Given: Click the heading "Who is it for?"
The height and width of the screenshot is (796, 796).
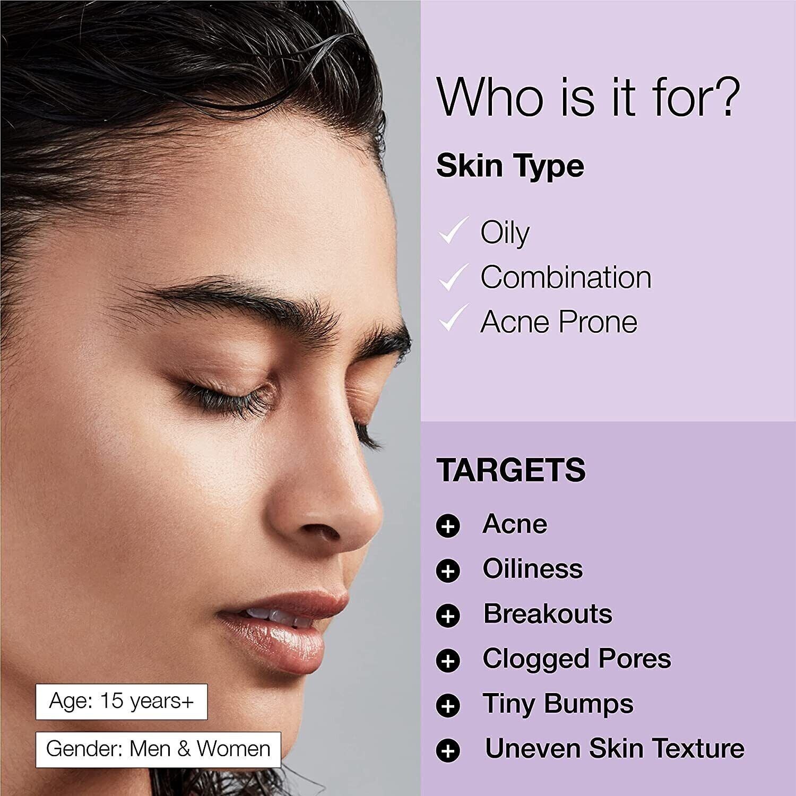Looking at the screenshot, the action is [x=586, y=97].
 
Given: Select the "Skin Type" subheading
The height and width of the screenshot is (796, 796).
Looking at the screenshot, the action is [x=510, y=166].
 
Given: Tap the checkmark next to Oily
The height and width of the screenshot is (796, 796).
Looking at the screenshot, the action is [x=453, y=231].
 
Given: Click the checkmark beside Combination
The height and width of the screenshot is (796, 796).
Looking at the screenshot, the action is [x=453, y=276].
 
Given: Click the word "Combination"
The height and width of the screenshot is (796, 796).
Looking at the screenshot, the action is [x=566, y=277].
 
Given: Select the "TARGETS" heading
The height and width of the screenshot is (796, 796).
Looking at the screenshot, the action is [x=511, y=470].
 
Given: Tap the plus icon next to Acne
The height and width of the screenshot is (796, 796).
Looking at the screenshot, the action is [x=448, y=526].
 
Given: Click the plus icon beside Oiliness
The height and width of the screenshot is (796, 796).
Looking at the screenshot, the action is [x=448, y=571].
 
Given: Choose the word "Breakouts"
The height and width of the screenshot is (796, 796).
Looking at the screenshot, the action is [x=548, y=613].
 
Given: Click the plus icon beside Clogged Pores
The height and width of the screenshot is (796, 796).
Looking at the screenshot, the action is [x=448, y=661].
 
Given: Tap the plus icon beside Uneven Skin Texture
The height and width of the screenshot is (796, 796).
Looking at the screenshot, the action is [x=448, y=751].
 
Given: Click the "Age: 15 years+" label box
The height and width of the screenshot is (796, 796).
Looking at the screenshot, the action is [x=122, y=702].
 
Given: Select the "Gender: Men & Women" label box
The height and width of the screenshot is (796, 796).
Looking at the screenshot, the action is [x=158, y=749].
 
